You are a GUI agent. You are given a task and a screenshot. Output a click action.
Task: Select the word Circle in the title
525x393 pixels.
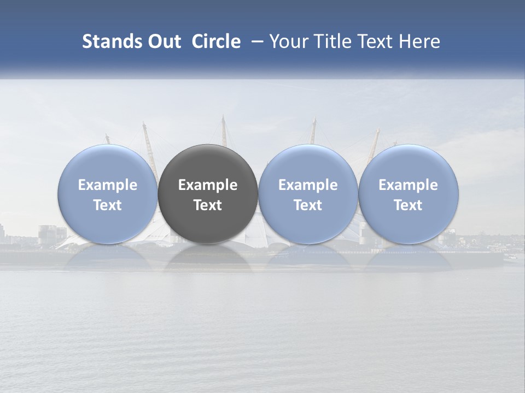coord(216,41)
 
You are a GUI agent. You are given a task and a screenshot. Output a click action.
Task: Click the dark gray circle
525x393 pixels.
coord(208,164)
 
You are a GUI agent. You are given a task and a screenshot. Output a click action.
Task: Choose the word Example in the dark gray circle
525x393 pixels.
coord(208,185)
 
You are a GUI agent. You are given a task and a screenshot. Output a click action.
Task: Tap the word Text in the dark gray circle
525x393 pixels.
coord(208,205)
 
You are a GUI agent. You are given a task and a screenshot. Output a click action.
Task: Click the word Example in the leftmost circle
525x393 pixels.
coord(108,185)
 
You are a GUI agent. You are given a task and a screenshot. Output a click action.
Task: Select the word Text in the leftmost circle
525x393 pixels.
coord(108,205)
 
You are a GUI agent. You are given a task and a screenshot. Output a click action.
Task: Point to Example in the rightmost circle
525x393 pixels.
coord(408,185)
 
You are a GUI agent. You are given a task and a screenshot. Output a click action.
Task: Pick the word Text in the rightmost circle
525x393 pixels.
coord(408,205)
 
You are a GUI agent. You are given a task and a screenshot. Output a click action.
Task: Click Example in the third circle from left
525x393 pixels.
coord(308,185)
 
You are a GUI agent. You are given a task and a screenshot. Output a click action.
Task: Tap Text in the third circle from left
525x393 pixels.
coord(308,205)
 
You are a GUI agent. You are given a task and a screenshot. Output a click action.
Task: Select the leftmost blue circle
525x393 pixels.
coord(108,164)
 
